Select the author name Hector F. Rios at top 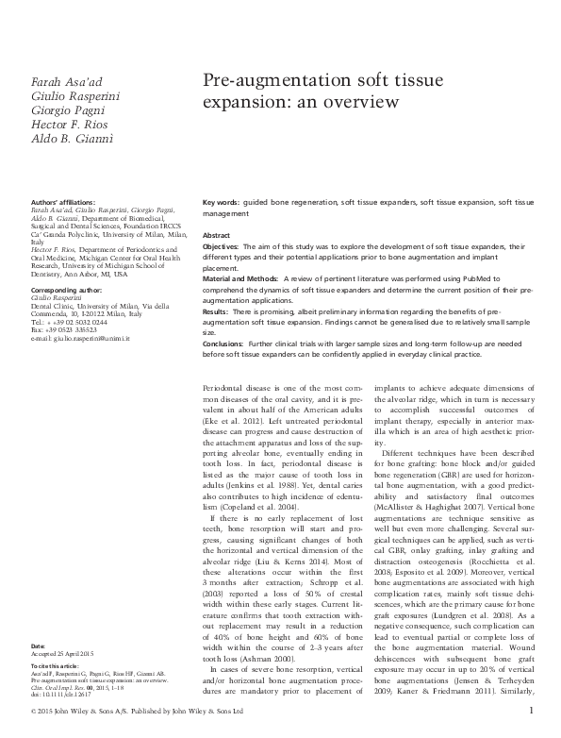tap(61, 126)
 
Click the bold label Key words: tap(221, 204)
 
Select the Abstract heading tap(217, 235)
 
